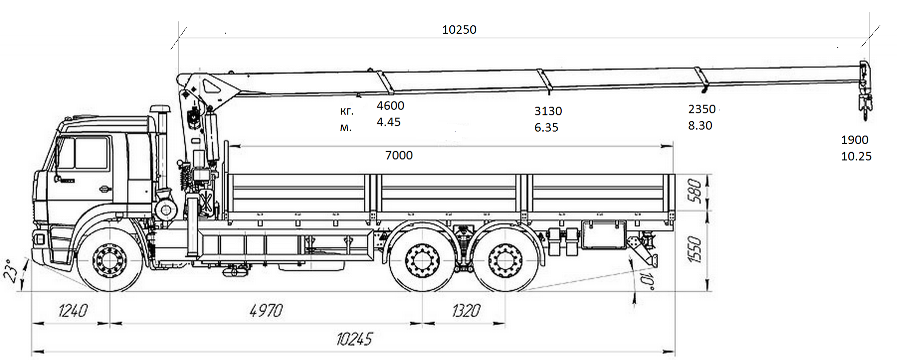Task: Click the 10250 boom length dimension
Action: (x=459, y=30)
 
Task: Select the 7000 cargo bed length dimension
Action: (x=399, y=156)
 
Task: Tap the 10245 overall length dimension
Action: (x=354, y=340)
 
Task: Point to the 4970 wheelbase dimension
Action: (x=266, y=311)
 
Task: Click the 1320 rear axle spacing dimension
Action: (x=466, y=311)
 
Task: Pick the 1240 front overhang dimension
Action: (x=73, y=311)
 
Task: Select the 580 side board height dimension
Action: (x=695, y=191)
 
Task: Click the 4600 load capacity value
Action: (x=391, y=106)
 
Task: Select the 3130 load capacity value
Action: (x=548, y=111)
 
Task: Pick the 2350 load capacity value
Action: (x=701, y=109)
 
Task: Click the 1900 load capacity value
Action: (x=855, y=140)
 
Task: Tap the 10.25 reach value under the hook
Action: (x=856, y=157)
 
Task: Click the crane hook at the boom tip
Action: (x=864, y=107)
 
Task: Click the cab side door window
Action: (x=91, y=153)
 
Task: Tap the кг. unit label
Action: (x=347, y=111)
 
